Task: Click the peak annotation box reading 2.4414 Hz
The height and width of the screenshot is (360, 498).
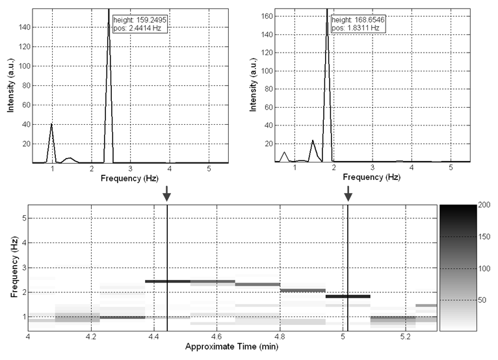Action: click(135, 23)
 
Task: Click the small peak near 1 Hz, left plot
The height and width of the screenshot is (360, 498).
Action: click(51, 124)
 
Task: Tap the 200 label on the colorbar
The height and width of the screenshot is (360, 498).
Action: click(485, 205)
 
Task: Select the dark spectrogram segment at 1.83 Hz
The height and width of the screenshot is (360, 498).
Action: click(347, 296)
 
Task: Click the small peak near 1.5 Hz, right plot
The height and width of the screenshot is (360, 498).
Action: click(313, 140)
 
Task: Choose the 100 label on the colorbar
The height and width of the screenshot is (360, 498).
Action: click(484, 268)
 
